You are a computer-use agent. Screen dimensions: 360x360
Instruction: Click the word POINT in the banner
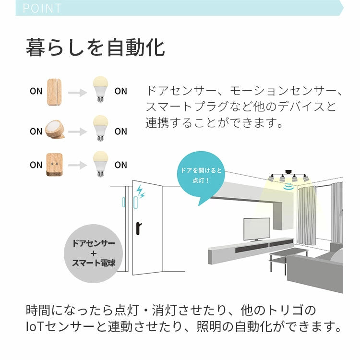point(42,8)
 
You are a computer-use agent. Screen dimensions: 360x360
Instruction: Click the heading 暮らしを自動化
point(95,48)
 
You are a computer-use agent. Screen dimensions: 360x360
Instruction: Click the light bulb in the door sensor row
point(100,90)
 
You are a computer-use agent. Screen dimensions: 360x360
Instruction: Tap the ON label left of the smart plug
point(36,165)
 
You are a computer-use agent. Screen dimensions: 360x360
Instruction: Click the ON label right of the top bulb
point(121,91)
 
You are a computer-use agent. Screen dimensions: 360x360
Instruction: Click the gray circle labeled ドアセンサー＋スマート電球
point(94,253)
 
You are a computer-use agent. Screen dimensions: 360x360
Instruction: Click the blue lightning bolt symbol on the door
point(140,192)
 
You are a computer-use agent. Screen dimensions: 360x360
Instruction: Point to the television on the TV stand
point(256,229)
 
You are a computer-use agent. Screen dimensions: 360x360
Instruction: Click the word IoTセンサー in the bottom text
point(55,327)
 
